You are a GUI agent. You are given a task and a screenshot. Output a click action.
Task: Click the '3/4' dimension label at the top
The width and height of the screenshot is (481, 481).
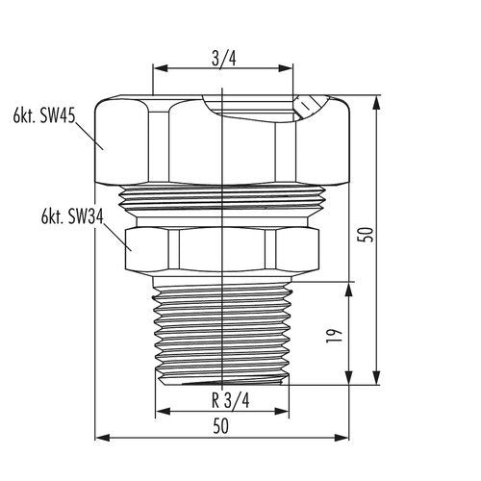[224, 59]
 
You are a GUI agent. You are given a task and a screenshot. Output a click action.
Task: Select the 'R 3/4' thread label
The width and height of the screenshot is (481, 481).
[230, 400]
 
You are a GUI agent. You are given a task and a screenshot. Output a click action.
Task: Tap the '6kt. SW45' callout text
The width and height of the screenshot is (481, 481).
[44, 115]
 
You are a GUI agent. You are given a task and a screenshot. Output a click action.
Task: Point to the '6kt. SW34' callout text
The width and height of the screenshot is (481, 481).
[72, 216]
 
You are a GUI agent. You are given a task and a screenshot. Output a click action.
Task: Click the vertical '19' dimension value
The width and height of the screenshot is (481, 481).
[332, 336]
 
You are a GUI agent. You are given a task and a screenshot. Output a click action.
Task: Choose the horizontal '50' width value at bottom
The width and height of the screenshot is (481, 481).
[221, 426]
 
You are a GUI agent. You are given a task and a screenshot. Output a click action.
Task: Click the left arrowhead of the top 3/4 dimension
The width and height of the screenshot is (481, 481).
[161, 68]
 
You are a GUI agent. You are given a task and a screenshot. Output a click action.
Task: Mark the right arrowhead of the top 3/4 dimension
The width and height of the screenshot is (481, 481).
[286, 68]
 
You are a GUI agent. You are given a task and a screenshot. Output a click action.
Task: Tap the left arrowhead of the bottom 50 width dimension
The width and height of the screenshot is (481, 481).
[103, 438]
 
